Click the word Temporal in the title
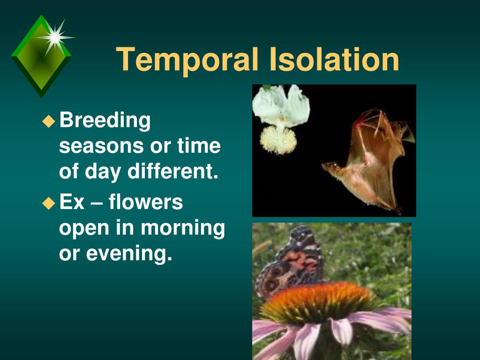(187, 60)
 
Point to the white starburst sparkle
(55, 37)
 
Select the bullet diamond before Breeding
(48, 121)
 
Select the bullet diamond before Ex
(48, 203)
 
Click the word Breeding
(105, 120)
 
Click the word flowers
(146, 202)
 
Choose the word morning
(183, 228)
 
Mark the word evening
(129, 254)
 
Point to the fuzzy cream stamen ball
(278, 140)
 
